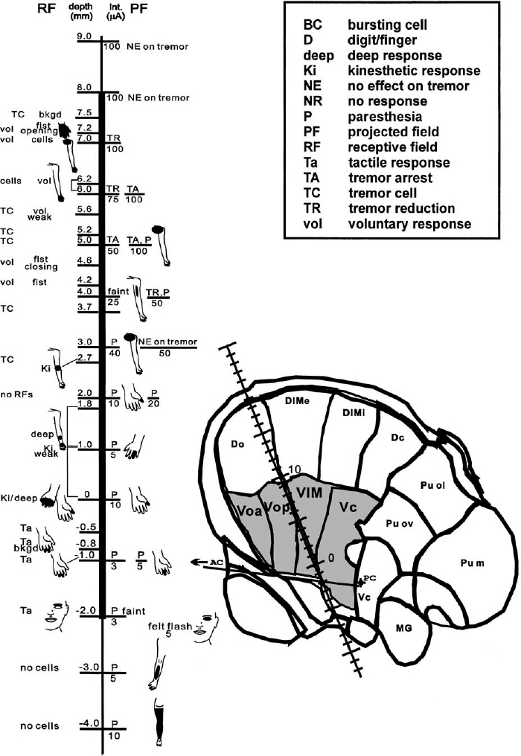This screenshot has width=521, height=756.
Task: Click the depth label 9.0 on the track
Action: (x=83, y=36)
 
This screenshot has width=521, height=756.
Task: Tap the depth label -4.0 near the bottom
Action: (x=88, y=722)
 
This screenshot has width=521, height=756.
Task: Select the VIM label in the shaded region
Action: (x=307, y=492)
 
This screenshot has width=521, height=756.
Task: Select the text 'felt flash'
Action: (x=170, y=606)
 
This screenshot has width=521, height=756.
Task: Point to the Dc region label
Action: (x=397, y=438)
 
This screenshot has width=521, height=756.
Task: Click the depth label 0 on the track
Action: (x=87, y=494)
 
